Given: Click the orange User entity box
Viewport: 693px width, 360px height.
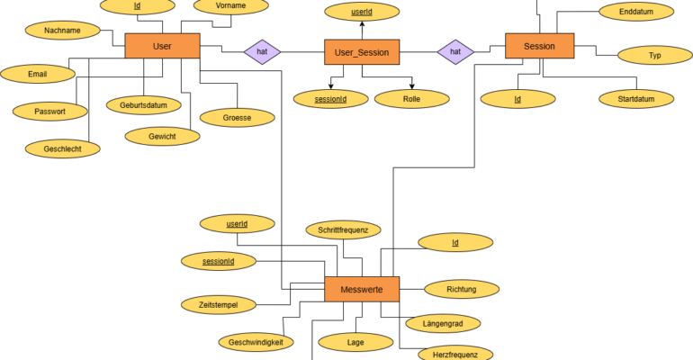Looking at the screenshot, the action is (x=162, y=46).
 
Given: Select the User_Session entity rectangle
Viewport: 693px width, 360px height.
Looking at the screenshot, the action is (x=362, y=52).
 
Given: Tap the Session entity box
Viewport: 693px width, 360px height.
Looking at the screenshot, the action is (x=540, y=46).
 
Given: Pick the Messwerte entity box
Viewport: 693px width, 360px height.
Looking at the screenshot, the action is (x=362, y=289).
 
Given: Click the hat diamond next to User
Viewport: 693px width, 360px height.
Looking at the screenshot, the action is (x=262, y=51).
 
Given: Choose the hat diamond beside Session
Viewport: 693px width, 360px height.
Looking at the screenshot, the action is (x=455, y=51).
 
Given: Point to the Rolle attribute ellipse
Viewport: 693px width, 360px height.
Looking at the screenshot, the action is (x=412, y=99).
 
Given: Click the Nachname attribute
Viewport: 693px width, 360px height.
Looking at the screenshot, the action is (x=62, y=31).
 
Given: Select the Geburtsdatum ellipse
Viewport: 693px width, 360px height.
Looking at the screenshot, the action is (x=144, y=105).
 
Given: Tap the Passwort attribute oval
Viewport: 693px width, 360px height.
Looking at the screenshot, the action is (x=49, y=112).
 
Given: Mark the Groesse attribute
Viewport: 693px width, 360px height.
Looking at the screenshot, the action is (x=238, y=118).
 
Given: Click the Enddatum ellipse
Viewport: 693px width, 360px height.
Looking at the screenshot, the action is (x=636, y=12).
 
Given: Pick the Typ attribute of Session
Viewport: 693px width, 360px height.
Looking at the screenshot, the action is (x=655, y=55).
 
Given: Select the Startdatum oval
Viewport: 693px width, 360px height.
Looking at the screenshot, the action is (x=636, y=99).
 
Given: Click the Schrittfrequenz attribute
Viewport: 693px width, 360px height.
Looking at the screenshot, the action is (x=344, y=229).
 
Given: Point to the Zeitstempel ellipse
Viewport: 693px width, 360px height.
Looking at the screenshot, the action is (x=219, y=305).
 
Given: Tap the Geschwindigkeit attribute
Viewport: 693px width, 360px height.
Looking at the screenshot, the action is (x=256, y=342).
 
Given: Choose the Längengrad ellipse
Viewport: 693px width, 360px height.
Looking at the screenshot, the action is (x=443, y=324).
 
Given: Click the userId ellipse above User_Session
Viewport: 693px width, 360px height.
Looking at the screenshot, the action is (x=362, y=12).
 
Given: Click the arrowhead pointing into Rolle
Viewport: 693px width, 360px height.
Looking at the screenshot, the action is (x=412, y=86).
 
